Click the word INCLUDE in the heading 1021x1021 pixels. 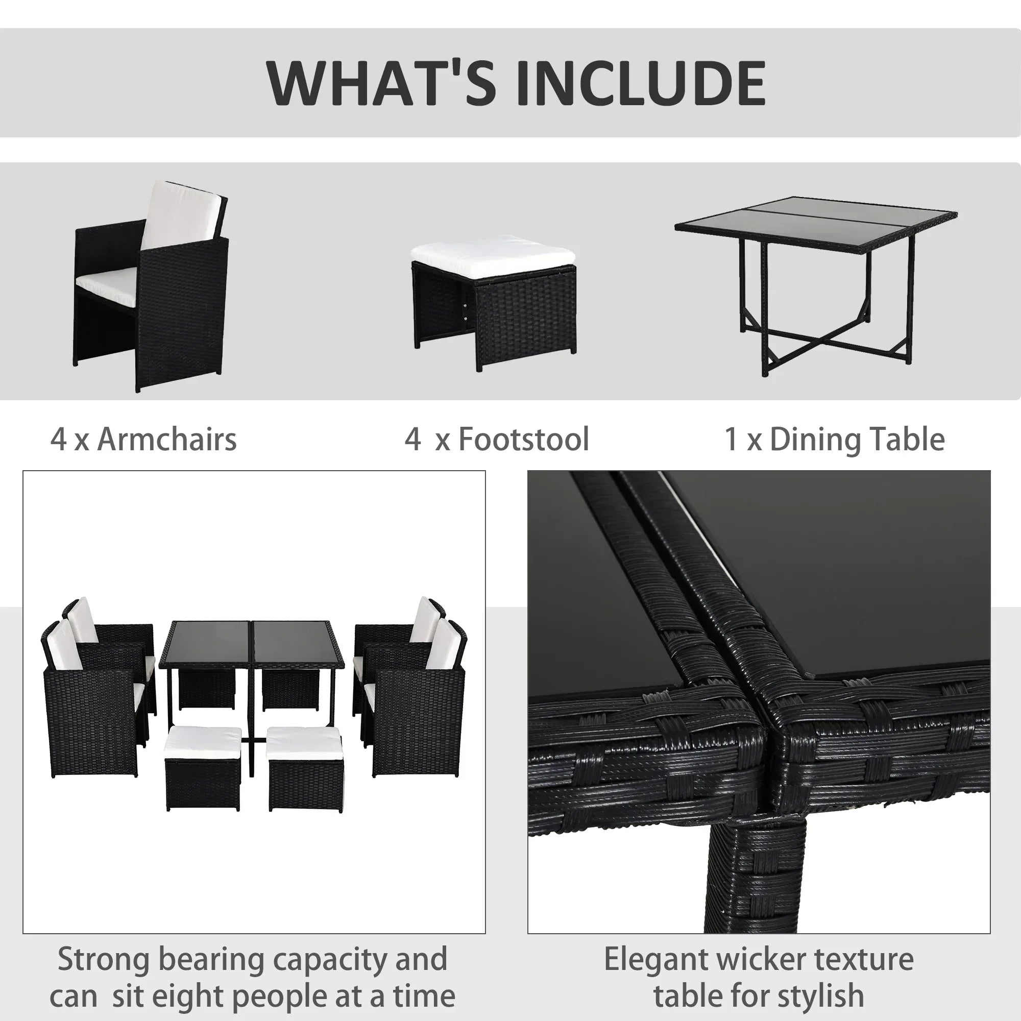pyautogui.click(x=641, y=83)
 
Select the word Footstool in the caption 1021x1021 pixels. pyautogui.click(x=523, y=440)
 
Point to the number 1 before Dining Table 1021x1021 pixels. pyautogui.click(x=731, y=440)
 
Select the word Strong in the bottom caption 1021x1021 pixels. pyautogui.click(x=103, y=959)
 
